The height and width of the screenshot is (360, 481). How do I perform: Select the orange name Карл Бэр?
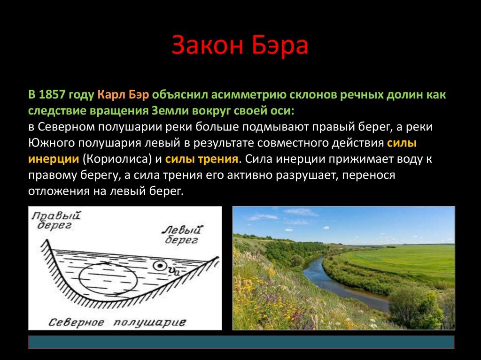(x=124, y=95)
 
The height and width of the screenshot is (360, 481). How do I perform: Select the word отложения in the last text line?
(x=53, y=191)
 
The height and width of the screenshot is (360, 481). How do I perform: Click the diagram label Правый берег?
(x=55, y=221)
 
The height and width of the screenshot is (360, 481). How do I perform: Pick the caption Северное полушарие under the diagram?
(x=117, y=322)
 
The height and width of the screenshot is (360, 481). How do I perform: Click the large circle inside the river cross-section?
(x=108, y=281)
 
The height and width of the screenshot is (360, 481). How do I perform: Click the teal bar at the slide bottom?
(x=241, y=342)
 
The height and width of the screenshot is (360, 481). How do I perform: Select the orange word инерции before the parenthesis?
(x=53, y=159)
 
